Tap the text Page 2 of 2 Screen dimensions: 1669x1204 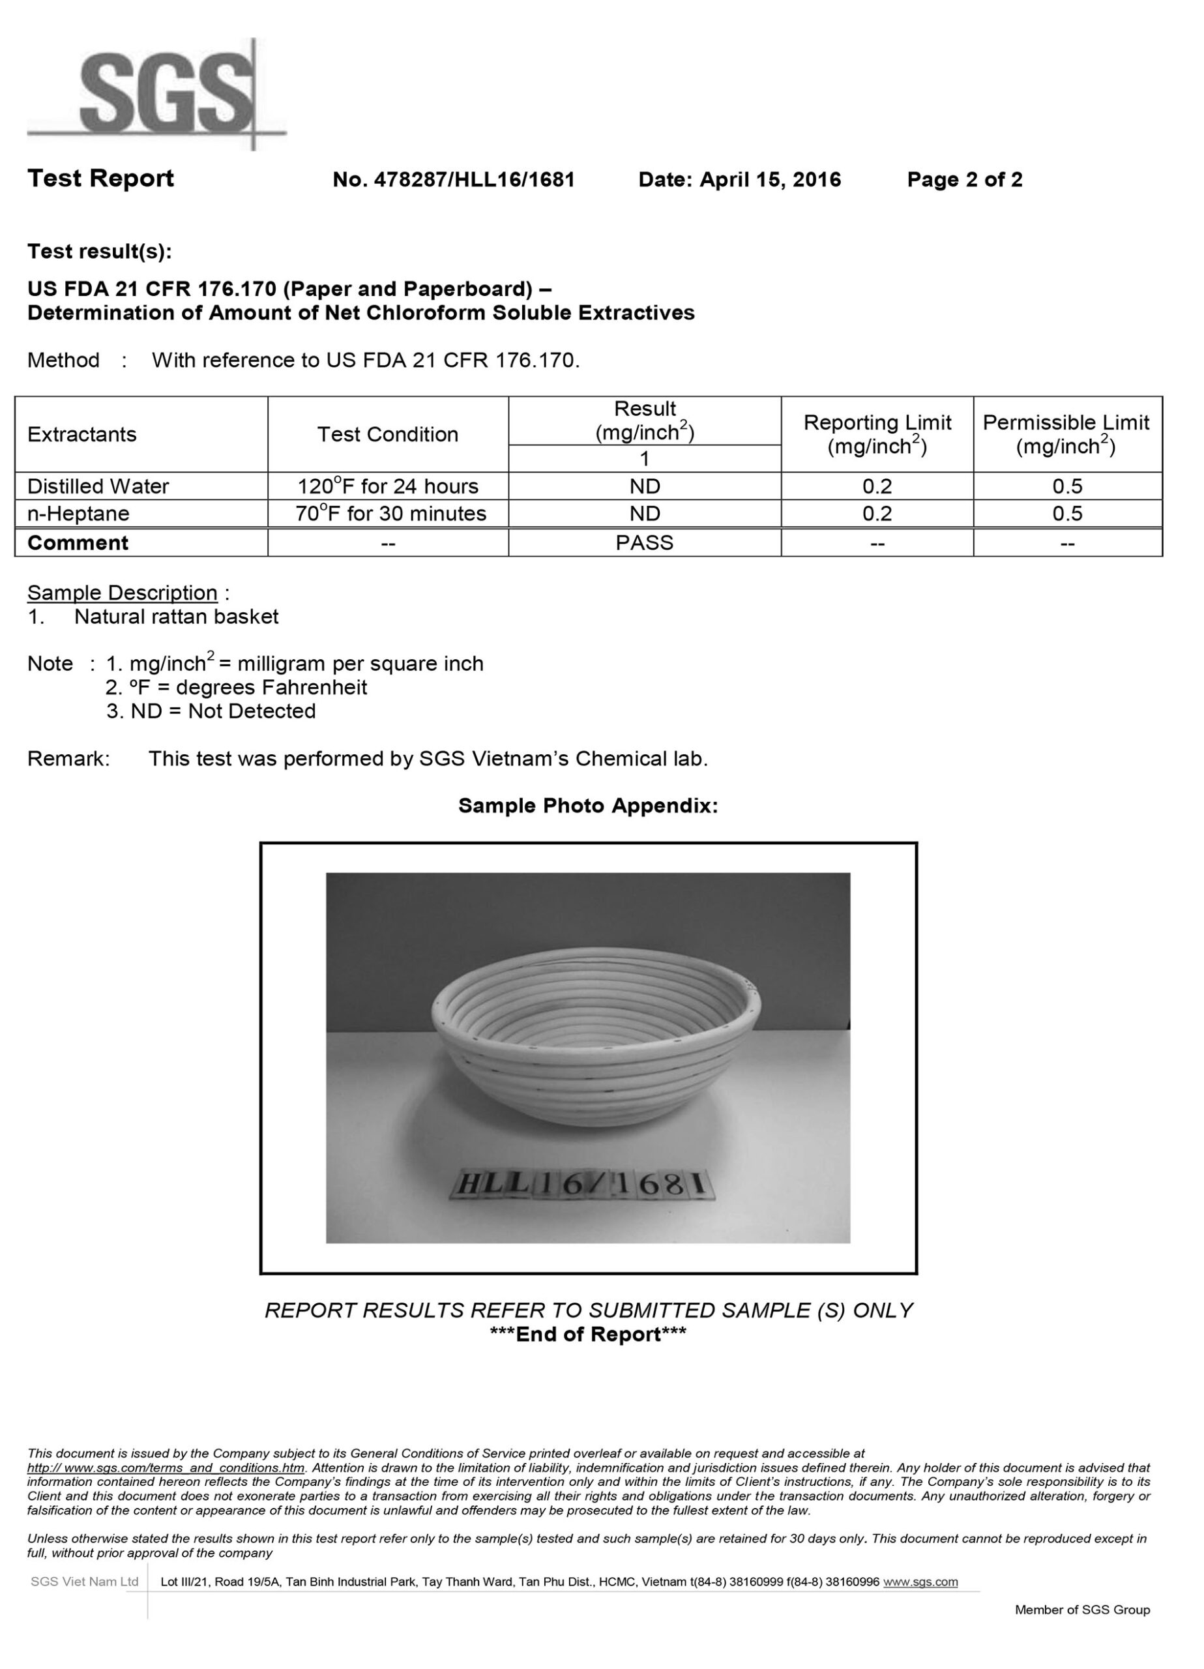(x=964, y=179)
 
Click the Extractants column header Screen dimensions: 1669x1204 (x=81, y=434)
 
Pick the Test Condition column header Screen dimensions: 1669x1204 (x=387, y=434)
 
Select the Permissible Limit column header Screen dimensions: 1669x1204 (x=1066, y=434)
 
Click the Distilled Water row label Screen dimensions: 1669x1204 (x=98, y=486)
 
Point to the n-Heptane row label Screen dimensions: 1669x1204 (x=78, y=514)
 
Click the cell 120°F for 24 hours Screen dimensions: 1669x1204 (x=387, y=486)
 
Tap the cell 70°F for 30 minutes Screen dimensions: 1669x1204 (x=390, y=514)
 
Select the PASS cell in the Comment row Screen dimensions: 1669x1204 (x=644, y=543)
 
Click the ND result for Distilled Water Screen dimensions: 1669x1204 (x=644, y=486)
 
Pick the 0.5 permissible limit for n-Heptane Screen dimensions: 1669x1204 (x=1067, y=514)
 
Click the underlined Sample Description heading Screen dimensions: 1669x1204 (x=122, y=593)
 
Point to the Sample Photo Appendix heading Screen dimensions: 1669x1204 (x=587, y=806)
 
